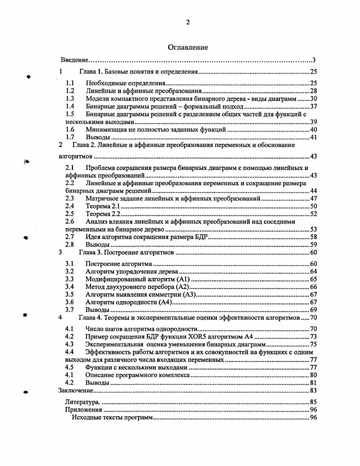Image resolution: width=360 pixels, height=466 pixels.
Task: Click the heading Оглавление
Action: [x=187, y=47]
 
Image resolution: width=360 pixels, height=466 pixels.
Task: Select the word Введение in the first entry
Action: [x=74, y=60]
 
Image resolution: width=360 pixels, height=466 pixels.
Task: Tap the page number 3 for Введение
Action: [x=314, y=60]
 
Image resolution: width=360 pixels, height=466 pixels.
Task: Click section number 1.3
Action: [x=69, y=99]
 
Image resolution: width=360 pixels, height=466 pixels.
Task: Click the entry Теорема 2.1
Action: [x=102, y=206]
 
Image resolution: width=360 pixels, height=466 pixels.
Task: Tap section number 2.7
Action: [x=69, y=237]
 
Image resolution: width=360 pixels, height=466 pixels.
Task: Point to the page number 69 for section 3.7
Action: [x=314, y=310]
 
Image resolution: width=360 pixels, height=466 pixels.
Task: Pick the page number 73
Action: [x=314, y=337]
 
